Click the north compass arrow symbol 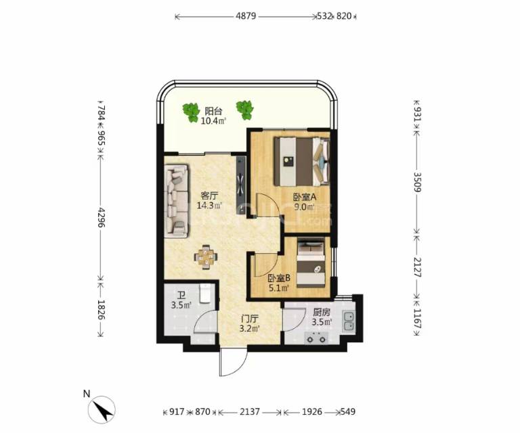click(104, 410)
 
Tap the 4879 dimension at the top click(246, 16)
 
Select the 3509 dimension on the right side click(417, 182)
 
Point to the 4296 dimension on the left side click(101, 217)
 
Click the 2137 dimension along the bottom click(250, 412)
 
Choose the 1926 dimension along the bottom click(312, 412)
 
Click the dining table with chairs click(207, 257)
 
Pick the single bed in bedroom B click(311, 264)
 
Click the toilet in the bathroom click(205, 294)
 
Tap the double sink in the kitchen click(348, 321)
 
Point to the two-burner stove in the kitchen click(317, 338)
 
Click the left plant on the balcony click(191, 112)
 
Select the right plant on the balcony click(245, 110)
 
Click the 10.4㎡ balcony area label click(213, 121)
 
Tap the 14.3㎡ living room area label click(209, 206)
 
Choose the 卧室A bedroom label click(305, 198)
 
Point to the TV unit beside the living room click(241, 185)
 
